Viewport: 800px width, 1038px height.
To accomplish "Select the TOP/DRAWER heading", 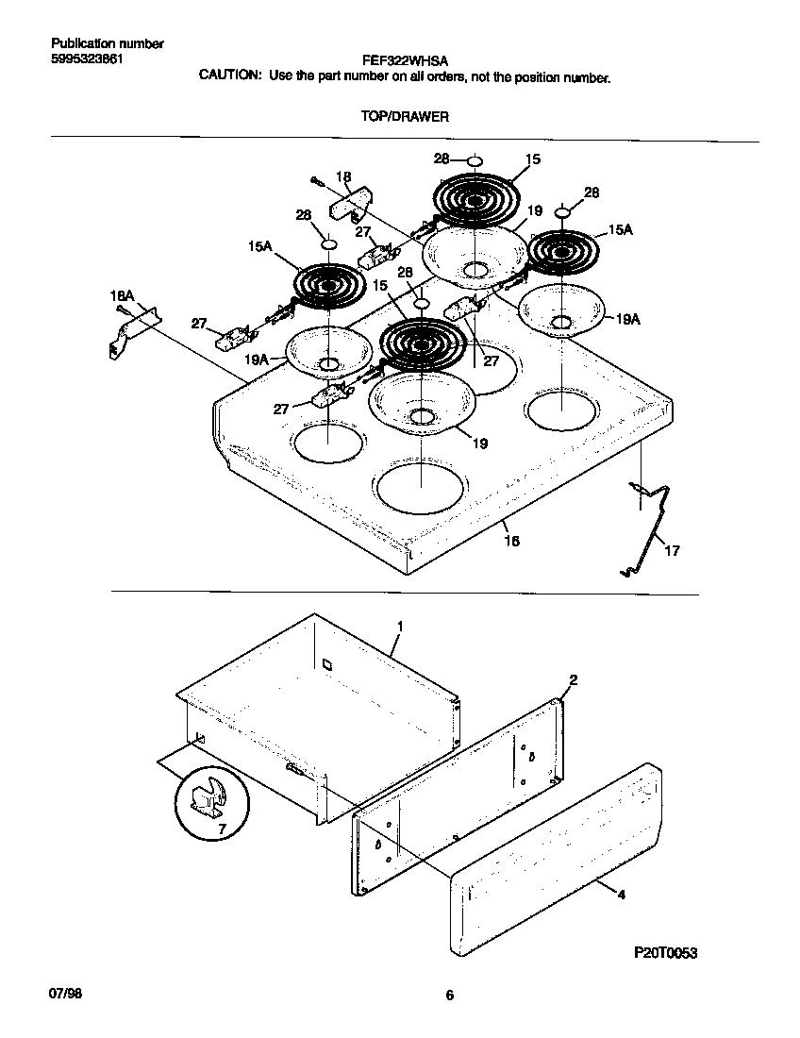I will click(x=404, y=117).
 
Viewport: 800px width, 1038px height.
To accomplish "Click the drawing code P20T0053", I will click(x=664, y=954).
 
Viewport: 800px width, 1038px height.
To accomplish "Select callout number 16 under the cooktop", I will click(x=511, y=541).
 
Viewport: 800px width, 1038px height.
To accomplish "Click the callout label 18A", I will click(x=123, y=296).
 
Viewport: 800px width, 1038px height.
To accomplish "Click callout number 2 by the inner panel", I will click(x=573, y=679).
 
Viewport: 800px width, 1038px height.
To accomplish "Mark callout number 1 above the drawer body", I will click(x=400, y=627).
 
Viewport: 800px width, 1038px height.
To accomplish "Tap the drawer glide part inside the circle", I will click(x=208, y=797).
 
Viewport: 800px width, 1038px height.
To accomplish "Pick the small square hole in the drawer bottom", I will click(x=326, y=664).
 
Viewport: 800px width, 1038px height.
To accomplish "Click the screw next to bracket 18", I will click(x=316, y=180).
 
